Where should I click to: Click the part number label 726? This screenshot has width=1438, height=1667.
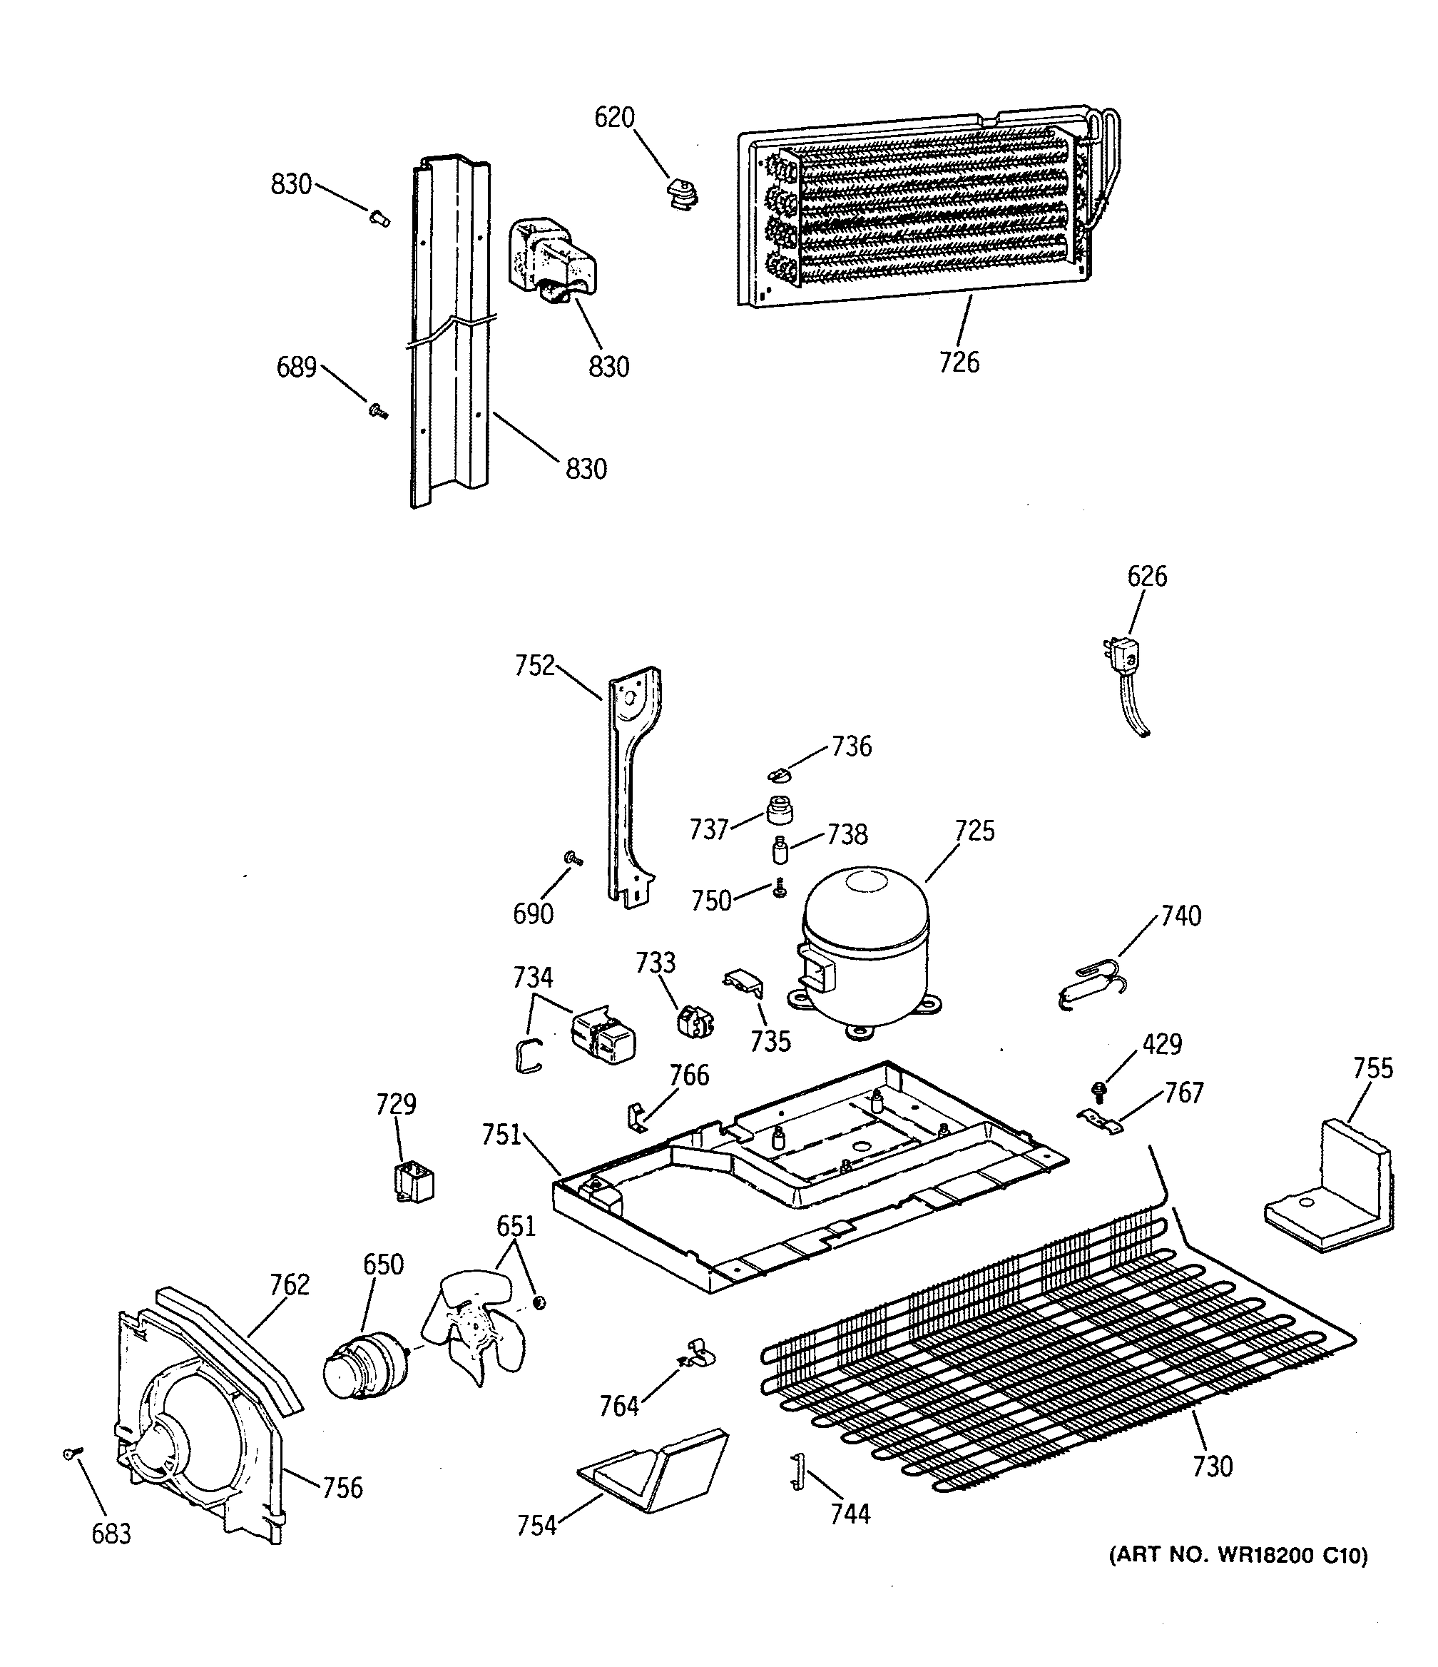coord(959,363)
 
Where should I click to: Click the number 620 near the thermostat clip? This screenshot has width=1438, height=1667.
coord(614,118)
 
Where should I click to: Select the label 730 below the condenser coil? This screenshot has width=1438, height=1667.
coord(1212,1466)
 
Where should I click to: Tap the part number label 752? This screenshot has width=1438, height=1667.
coord(535,666)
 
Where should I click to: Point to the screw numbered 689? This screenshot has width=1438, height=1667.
coord(377,411)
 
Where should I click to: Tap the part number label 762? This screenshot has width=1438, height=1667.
coord(290,1285)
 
